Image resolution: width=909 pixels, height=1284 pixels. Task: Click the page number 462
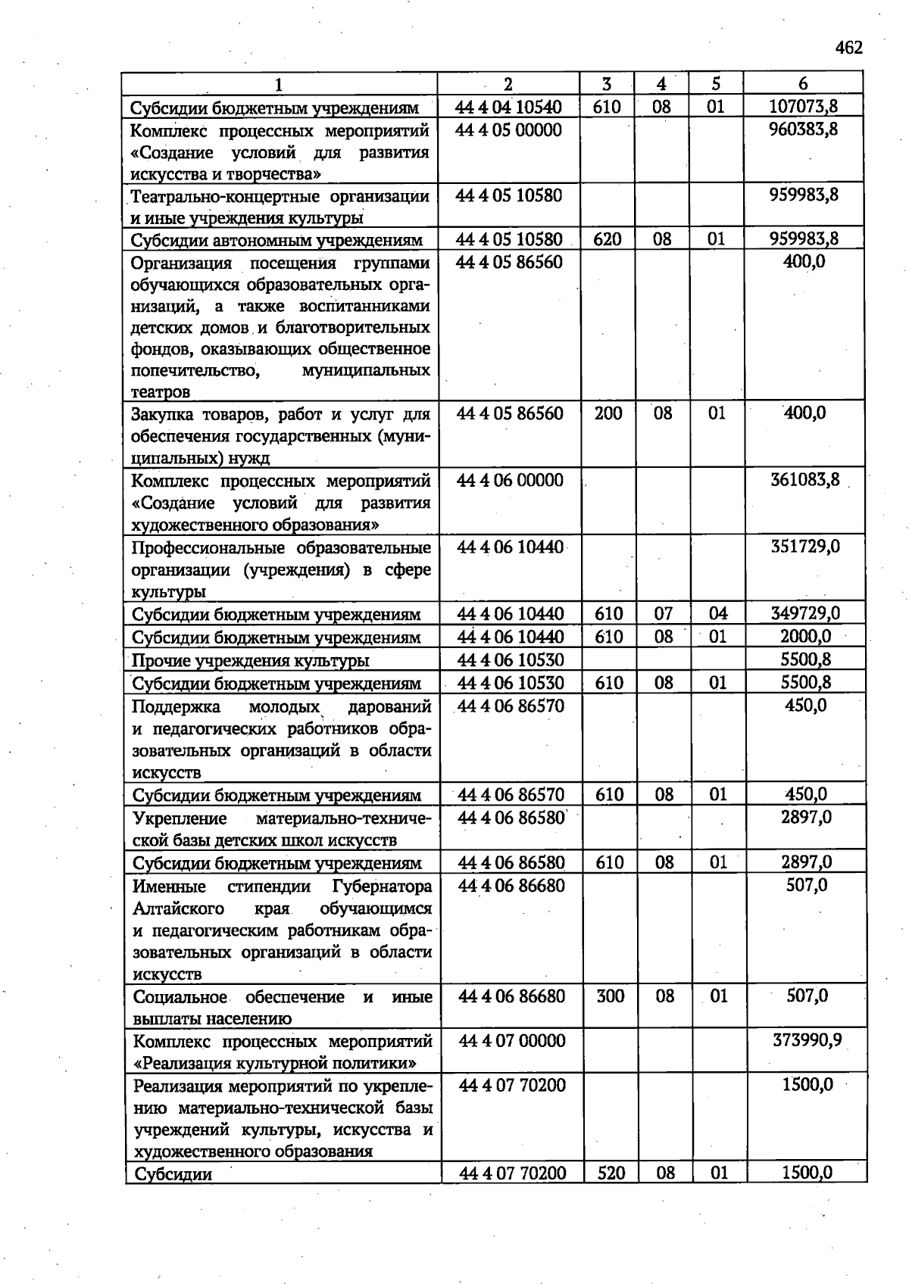[848, 48]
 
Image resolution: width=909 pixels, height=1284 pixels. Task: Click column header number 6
[803, 83]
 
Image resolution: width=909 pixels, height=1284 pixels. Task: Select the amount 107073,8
[804, 107]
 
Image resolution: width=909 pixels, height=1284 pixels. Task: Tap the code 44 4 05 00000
[509, 129]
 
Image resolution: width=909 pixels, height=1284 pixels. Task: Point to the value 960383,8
[804, 129]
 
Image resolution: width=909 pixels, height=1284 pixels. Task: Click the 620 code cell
[608, 239]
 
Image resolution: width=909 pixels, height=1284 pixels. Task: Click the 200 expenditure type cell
[608, 413]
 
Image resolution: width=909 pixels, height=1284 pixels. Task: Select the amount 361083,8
[804, 480]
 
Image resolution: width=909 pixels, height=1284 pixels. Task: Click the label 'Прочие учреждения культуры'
[251, 661]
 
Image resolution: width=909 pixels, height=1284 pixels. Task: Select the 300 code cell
[610, 996]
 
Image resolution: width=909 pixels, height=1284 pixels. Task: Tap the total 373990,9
[807, 1040]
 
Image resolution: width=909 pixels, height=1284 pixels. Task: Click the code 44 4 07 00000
[512, 1041]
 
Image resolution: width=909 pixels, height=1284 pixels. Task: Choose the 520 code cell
[611, 1173]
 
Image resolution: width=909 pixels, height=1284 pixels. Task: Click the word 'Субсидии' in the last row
[172, 1174]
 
